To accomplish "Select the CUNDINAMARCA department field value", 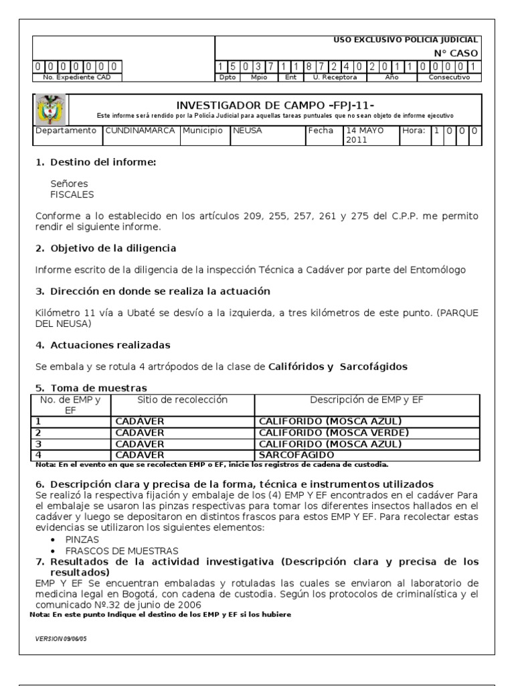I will tap(140, 131).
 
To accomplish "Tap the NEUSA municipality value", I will tap(247, 131).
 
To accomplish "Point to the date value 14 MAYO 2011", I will tap(369, 135).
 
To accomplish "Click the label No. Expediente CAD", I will tap(72, 77).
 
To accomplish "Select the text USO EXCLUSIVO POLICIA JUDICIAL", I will tap(406, 40).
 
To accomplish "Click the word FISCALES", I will tap(72, 195).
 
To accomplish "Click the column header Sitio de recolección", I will tap(182, 400).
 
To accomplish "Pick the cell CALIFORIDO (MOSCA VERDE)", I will tap(333, 432).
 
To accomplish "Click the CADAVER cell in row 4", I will tap(140, 455).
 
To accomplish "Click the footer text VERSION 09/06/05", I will tap(61, 638).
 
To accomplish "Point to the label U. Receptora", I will tap(335, 77).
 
